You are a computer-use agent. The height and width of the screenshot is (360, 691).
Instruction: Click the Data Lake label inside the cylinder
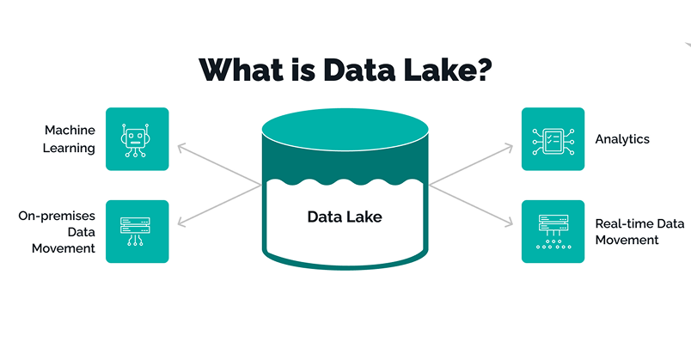(345, 217)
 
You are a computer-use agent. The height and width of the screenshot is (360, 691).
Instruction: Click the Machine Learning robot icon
(137, 139)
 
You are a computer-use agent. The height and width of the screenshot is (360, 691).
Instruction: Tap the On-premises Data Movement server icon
(137, 231)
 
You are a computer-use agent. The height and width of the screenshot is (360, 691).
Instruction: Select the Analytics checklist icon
(553, 139)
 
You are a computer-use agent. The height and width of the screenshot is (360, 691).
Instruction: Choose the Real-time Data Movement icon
(553, 231)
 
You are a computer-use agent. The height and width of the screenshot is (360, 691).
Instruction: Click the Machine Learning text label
(70, 139)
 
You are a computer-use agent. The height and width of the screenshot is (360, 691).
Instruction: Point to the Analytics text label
(622, 139)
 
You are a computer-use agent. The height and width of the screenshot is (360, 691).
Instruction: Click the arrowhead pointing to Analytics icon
(510, 147)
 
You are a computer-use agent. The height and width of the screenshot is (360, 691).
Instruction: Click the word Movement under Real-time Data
(627, 240)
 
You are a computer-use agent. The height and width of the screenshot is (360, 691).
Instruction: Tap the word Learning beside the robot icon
(70, 148)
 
